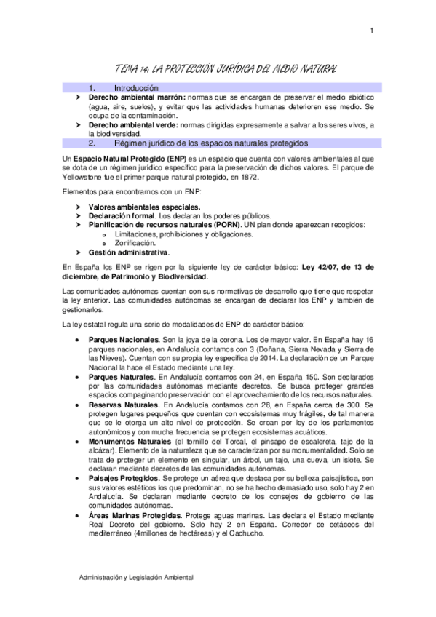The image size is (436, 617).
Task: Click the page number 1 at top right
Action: click(x=371, y=30)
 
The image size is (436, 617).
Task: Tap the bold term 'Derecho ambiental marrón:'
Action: click(x=137, y=97)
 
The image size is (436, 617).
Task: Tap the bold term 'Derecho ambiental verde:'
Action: click(x=135, y=125)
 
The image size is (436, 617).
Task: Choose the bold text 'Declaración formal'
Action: click(x=122, y=216)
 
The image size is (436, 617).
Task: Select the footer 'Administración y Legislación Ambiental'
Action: click(x=137, y=577)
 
